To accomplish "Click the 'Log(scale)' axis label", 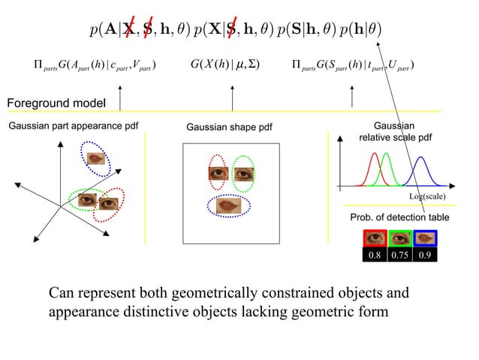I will tap(427, 196).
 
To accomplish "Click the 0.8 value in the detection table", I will tap(373, 255).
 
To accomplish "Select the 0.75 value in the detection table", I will tap(399, 255).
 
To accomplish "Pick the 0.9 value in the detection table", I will tap(426, 255).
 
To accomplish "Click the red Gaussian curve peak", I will tap(373, 155).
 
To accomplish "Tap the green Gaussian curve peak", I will tap(386, 155).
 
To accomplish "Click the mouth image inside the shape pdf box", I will tap(228, 204).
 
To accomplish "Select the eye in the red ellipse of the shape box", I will tap(217, 174).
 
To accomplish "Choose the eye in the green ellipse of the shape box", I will tap(243, 174).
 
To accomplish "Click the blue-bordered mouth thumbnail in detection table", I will tap(425, 238).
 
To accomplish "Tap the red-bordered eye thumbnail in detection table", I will tap(373, 238).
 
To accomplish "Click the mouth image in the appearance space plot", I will tap(95, 159).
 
